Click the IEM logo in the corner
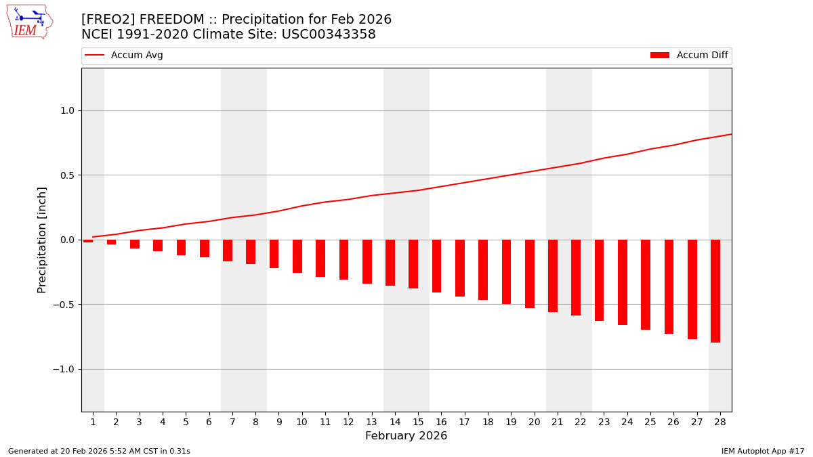29,22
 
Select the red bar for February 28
715,291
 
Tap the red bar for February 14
390,263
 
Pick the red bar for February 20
530,274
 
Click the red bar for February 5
182,248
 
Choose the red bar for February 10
297,257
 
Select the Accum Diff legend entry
689,56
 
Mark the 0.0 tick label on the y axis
68,240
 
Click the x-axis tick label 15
418,422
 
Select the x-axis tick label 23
604,422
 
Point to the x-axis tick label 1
93,422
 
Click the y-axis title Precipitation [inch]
42,240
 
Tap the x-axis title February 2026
406,436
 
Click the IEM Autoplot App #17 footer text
762,451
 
